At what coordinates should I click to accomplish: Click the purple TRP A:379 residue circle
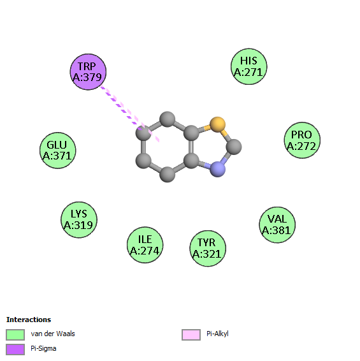88,72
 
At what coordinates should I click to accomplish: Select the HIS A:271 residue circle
249,66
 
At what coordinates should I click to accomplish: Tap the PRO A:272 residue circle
302,140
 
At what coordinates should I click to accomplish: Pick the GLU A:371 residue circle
58,151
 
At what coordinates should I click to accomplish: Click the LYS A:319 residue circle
79,219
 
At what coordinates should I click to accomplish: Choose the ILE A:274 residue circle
145,245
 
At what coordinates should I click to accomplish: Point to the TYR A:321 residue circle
208,248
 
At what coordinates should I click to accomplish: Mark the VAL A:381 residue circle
277,225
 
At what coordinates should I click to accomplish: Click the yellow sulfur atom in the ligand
218,124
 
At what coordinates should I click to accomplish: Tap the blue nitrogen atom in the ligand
218,169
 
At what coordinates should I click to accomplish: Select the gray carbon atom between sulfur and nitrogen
234,147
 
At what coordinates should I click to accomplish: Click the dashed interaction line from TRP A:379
130,114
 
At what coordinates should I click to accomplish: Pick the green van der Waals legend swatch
15,334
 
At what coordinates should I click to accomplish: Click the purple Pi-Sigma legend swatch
15,350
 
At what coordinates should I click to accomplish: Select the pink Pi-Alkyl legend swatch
191,334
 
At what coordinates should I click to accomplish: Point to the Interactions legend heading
29,320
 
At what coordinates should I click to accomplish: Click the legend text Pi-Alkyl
217,334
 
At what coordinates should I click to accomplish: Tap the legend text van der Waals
53,334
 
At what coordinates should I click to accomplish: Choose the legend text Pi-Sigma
43,349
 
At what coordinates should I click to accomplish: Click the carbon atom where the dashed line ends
143,133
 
